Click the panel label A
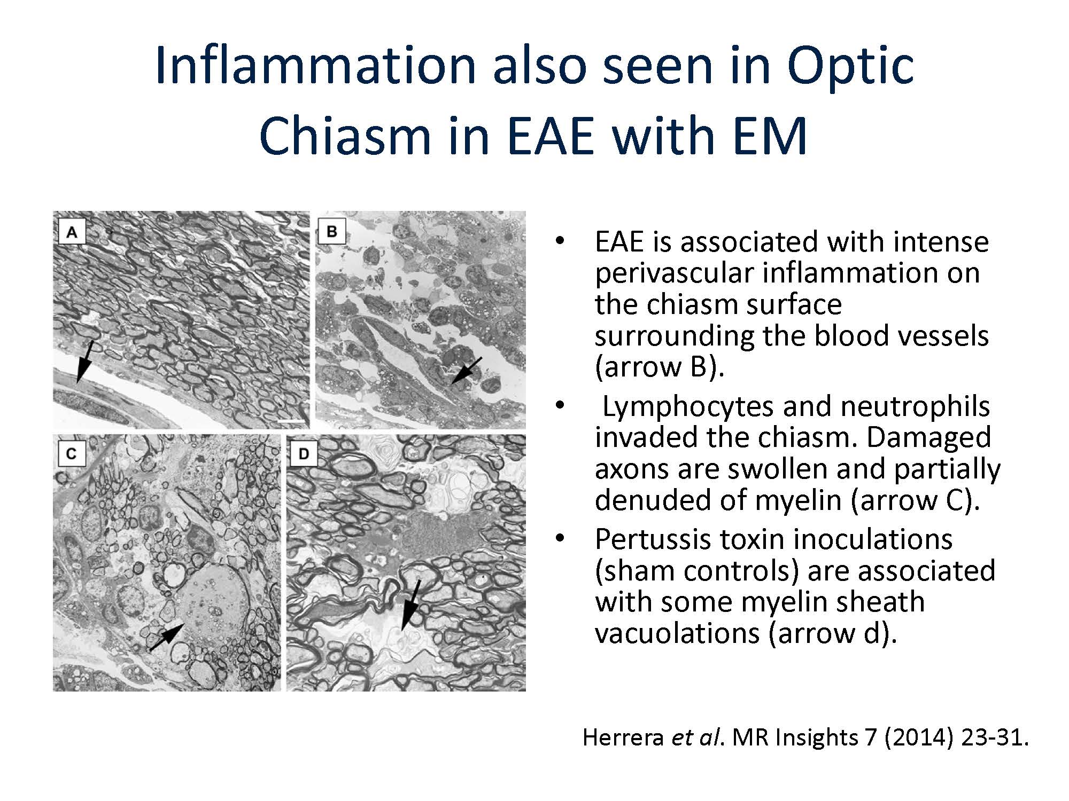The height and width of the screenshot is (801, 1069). tap(72, 232)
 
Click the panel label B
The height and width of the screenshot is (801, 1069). tap(331, 231)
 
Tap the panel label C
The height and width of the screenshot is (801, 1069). tap(71, 454)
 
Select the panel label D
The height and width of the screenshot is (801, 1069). tap(303, 454)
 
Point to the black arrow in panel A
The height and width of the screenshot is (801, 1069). tap(85, 362)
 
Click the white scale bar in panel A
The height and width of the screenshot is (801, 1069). tap(292, 421)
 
